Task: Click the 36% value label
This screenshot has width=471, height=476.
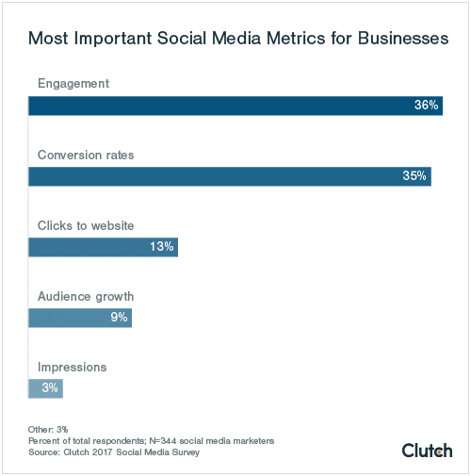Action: click(426, 106)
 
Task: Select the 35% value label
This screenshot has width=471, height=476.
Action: click(414, 176)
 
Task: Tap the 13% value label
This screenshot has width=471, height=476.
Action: click(161, 247)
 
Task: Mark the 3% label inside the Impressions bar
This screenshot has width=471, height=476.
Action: click(50, 387)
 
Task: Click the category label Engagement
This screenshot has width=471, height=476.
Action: click(73, 84)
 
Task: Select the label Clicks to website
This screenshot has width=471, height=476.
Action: click(86, 225)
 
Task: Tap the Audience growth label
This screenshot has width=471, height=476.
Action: click(85, 296)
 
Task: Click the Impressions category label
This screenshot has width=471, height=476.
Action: click(72, 367)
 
